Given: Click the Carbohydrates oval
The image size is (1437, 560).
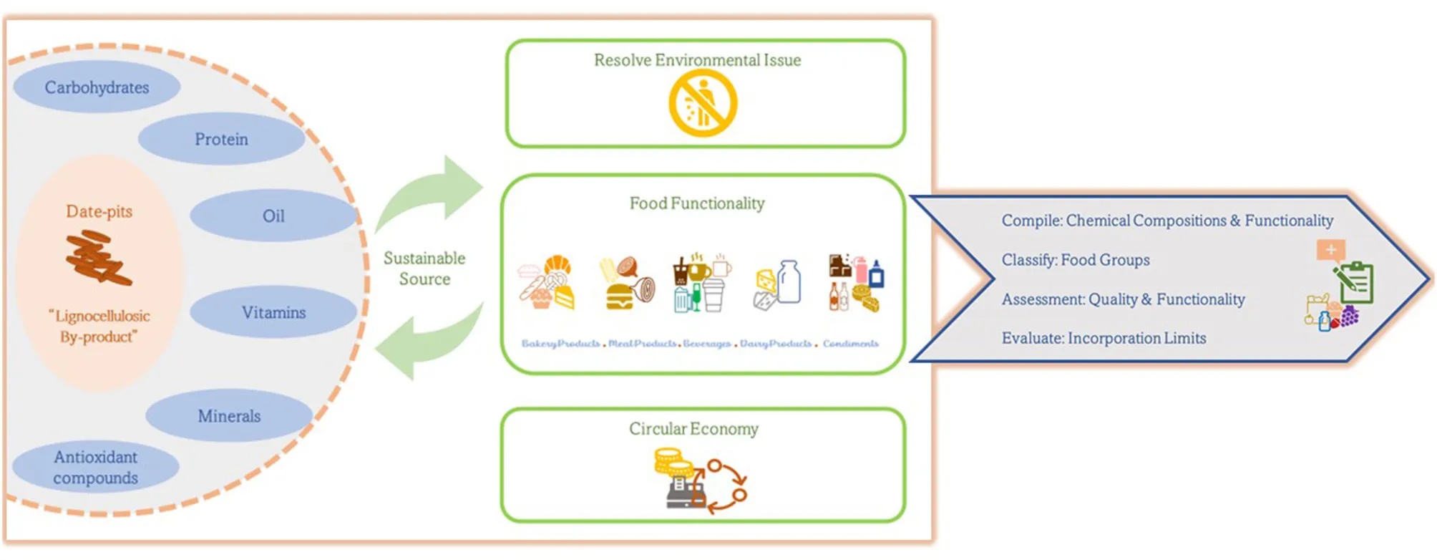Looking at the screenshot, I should [97, 87].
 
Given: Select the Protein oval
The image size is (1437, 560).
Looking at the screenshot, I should [221, 139].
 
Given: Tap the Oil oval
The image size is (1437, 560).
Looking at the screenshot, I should [273, 216].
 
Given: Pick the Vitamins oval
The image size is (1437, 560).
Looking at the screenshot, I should [273, 312].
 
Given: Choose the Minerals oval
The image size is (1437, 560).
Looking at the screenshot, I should [229, 415].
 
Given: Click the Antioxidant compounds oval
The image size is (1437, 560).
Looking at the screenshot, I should [95, 468].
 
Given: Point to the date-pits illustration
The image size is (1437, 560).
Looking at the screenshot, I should [98, 259].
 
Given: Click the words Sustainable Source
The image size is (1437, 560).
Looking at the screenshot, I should [424, 269].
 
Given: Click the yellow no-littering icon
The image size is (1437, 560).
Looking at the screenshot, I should [703, 103].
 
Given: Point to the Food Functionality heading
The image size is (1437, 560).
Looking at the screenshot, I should [697, 203].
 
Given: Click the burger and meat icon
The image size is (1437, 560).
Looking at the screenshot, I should [627, 284].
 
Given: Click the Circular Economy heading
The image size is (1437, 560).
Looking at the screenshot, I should [693, 429].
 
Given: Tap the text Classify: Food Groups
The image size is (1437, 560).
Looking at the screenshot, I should [1076, 260].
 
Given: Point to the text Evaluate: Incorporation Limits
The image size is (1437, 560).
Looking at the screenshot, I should [1104, 338].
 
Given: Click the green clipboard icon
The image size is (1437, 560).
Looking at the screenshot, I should [1355, 282].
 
